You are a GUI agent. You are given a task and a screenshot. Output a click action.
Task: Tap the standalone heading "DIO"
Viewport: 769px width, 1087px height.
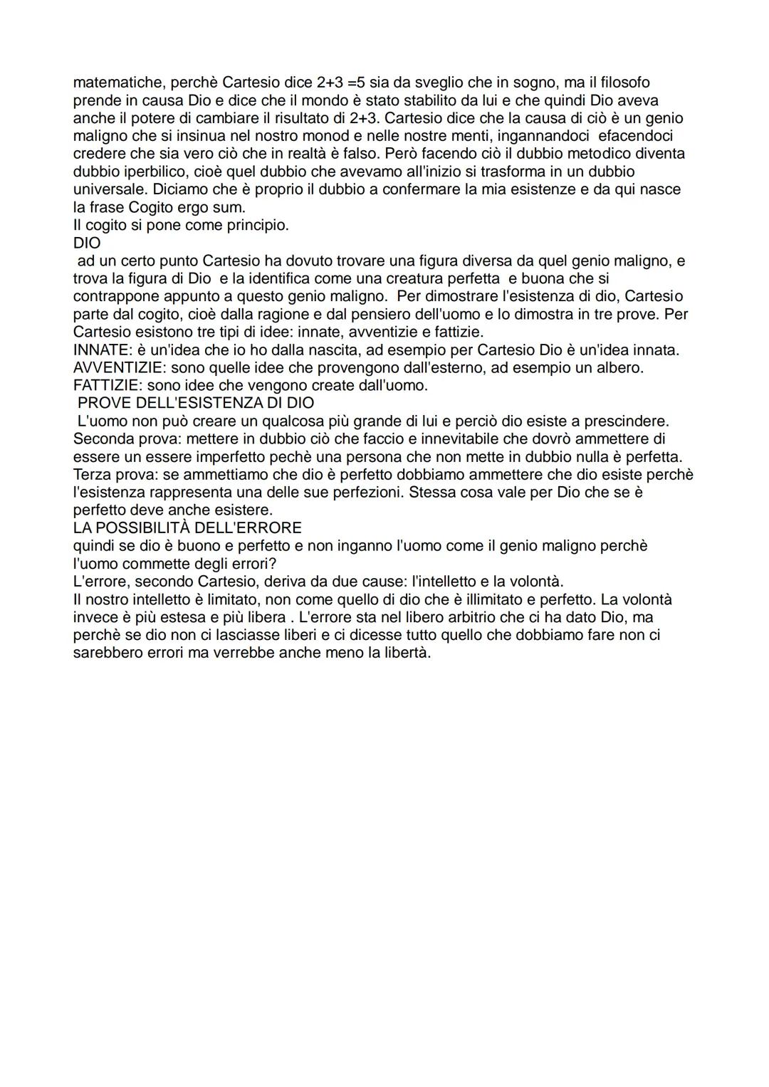[x=87, y=243]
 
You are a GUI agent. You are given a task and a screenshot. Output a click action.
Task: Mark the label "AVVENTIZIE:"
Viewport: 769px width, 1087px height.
[x=120, y=367]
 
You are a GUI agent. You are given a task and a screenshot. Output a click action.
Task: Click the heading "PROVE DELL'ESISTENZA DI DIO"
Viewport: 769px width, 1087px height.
[x=196, y=403]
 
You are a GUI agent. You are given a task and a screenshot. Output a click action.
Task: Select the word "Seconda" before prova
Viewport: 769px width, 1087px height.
[x=103, y=439]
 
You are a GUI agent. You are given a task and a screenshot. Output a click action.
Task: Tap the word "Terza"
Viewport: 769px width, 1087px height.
[x=93, y=474]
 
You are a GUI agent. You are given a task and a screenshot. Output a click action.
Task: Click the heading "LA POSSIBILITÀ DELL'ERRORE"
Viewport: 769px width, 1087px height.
[x=187, y=527]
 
